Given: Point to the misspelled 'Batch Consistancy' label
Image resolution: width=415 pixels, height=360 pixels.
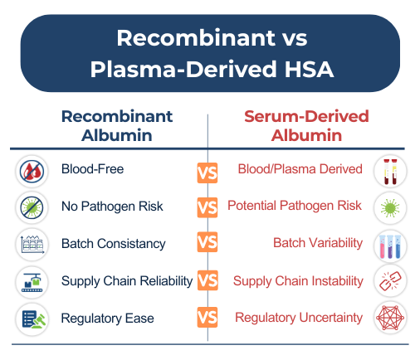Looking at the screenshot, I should click(113, 244).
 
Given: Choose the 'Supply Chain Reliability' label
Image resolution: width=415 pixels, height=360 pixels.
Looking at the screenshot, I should click(126, 281).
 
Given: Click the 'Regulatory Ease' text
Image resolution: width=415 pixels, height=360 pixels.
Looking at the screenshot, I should click(107, 318).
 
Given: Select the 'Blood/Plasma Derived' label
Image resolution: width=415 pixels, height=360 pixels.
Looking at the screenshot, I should click(300, 169).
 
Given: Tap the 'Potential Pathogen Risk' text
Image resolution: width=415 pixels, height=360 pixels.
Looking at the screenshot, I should click(295, 207).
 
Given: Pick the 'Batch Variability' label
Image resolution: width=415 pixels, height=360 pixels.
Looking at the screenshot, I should click(318, 244).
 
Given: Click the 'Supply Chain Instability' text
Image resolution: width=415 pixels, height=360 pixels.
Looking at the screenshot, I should click(297, 281).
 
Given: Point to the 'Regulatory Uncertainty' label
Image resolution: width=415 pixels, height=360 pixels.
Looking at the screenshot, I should click(298, 318).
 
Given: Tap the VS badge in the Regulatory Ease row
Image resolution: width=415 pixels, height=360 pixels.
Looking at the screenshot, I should click(207, 318).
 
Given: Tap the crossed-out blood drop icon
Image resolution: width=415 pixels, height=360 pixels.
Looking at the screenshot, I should click(33, 171).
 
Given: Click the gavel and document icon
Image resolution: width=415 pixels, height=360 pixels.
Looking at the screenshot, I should click(33, 319).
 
